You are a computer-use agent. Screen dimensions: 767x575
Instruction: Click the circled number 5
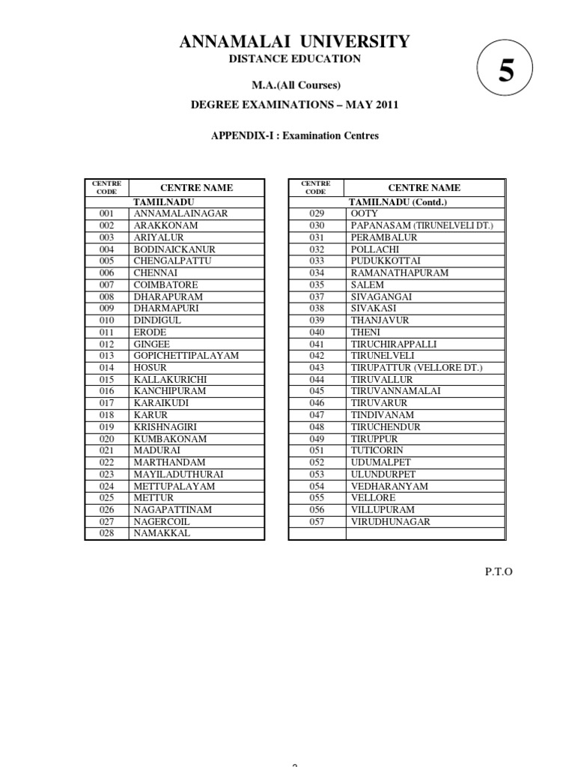(506, 71)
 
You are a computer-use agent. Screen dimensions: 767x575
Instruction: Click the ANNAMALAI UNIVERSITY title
(294, 42)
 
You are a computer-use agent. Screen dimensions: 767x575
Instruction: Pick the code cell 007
(106, 285)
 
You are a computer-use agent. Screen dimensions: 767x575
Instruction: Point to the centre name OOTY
(365, 213)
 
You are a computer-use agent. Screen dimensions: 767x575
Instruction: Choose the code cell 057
(317, 522)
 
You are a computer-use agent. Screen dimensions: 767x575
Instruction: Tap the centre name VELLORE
(373, 498)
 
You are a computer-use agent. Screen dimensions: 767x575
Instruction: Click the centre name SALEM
(367, 285)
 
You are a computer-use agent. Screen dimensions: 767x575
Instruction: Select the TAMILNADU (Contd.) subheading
(398, 202)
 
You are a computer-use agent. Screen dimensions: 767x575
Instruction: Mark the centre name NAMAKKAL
(162, 533)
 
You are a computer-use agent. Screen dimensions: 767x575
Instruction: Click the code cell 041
(317, 345)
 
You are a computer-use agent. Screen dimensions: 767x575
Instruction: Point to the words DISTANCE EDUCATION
(294, 59)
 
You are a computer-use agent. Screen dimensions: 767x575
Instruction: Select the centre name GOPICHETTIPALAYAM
(186, 356)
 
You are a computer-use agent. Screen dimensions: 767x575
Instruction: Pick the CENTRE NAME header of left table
(197, 188)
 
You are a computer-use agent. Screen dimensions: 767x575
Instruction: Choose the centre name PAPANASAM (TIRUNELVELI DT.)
(422, 225)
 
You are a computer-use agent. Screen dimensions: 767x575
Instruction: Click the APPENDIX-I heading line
(293, 136)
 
